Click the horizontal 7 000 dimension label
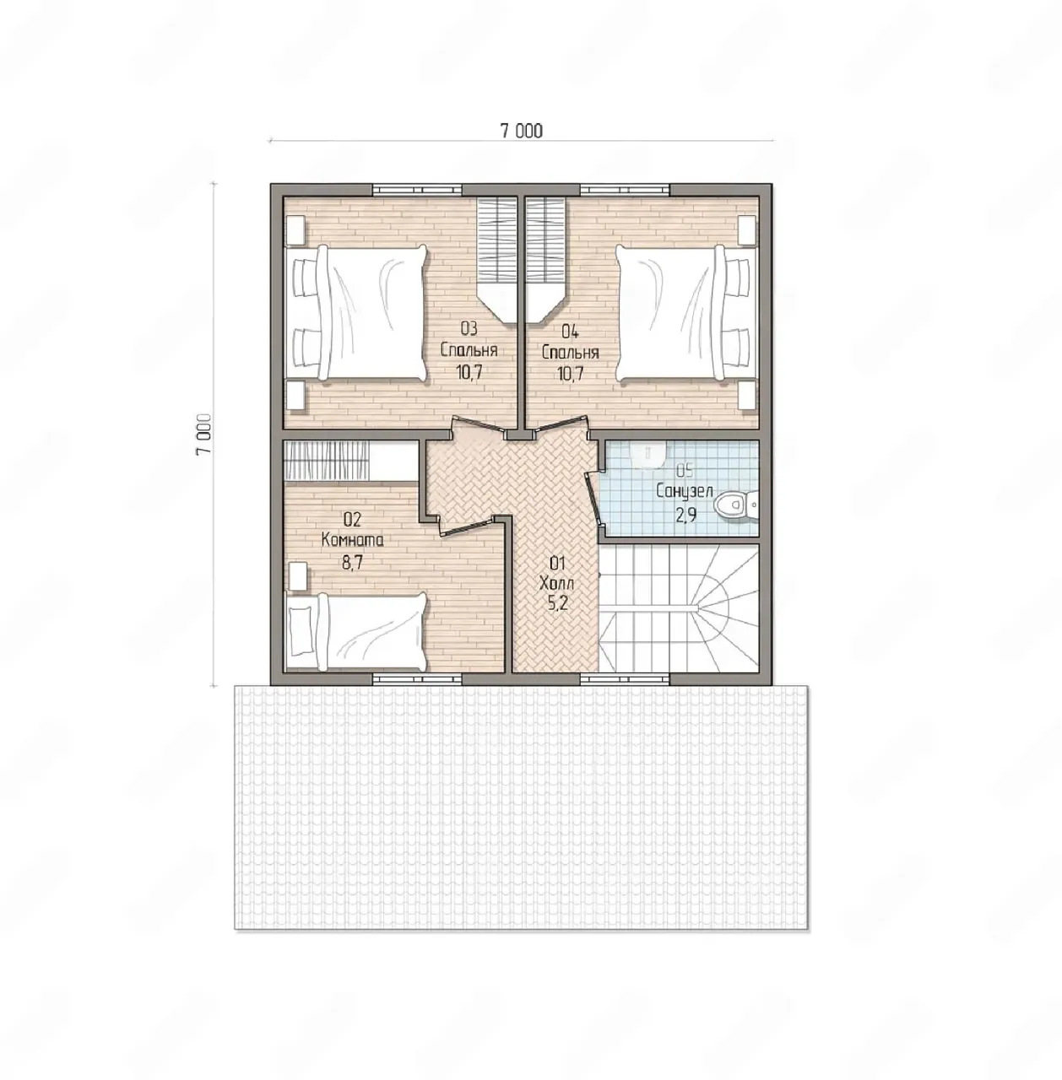521,131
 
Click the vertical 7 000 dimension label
204,435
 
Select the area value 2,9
685,515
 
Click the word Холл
556,584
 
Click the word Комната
352,540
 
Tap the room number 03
469,328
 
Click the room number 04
570,332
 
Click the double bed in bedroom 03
356,313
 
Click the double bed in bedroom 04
685,313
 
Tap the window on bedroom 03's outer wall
417,190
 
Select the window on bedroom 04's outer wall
625,190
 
